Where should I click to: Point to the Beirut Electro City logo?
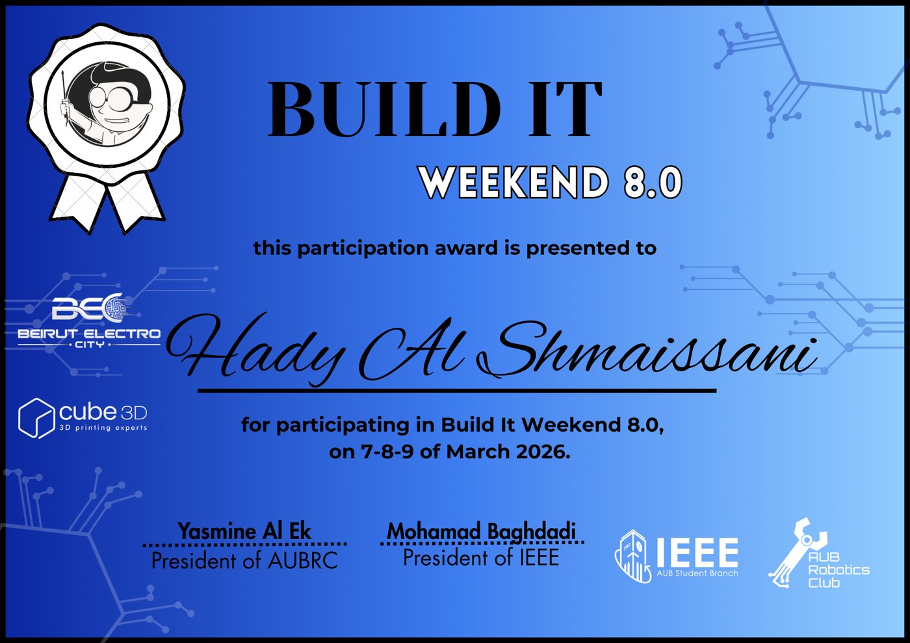coord(90,321)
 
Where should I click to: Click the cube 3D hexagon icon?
coord(36,418)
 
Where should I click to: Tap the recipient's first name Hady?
coord(255,350)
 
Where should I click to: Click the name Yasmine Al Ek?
coord(244,531)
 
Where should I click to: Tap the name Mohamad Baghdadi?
coord(482,531)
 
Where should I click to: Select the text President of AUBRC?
coord(244,560)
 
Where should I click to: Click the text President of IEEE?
coord(481,557)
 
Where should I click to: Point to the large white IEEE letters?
coord(697,552)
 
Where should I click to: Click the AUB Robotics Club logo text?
coord(838,570)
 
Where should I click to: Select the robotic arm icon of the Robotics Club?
coord(796,552)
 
